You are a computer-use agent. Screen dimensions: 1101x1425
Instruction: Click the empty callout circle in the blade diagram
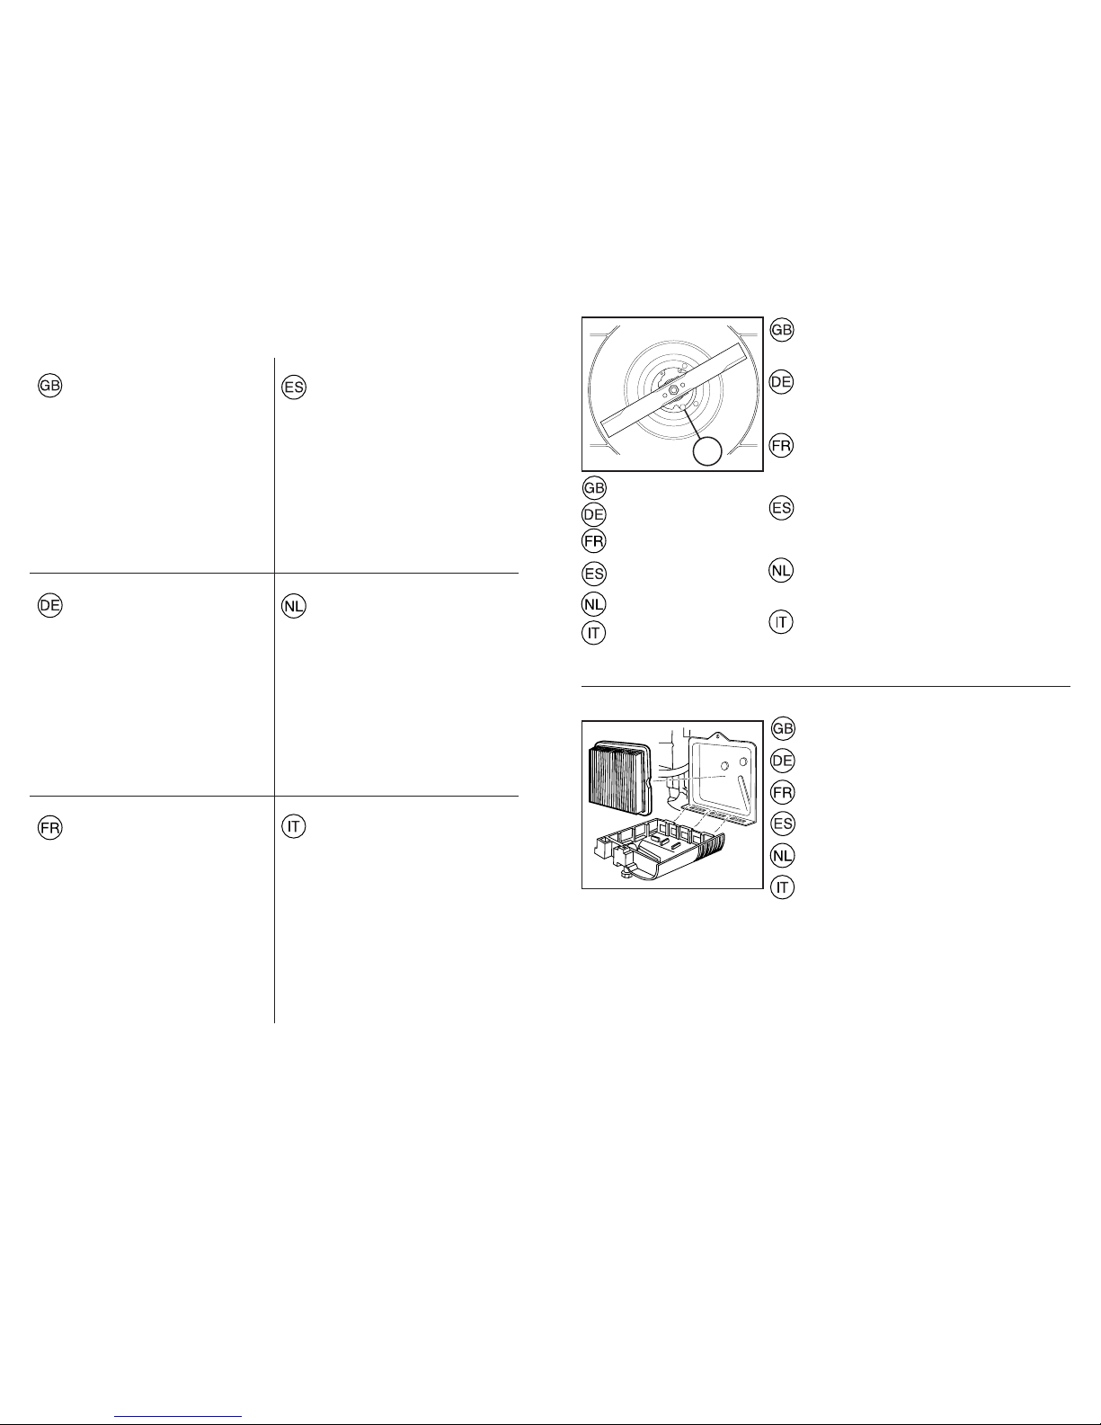pos(707,451)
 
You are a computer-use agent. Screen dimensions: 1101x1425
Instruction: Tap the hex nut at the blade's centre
pos(674,389)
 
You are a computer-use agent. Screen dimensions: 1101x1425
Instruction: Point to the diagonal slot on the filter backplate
pos(744,792)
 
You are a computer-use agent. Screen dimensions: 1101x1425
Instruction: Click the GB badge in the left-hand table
pos(49,386)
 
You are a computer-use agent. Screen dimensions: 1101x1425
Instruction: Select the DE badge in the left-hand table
pos(49,605)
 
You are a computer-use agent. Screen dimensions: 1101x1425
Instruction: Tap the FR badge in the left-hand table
pos(49,828)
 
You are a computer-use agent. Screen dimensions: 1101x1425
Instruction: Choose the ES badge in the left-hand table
pos(294,387)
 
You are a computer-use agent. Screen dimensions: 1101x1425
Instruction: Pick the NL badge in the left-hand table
pos(294,606)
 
